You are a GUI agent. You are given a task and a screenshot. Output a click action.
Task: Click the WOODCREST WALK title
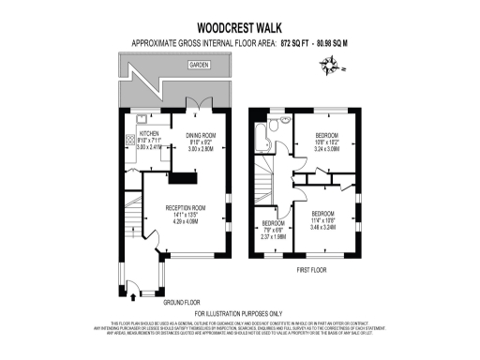(239, 29)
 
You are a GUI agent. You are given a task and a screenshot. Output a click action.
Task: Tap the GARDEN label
(198, 66)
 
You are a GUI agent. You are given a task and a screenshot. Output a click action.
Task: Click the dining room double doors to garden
(196, 105)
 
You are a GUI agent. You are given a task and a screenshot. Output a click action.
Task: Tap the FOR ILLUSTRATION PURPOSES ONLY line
(239, 312)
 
